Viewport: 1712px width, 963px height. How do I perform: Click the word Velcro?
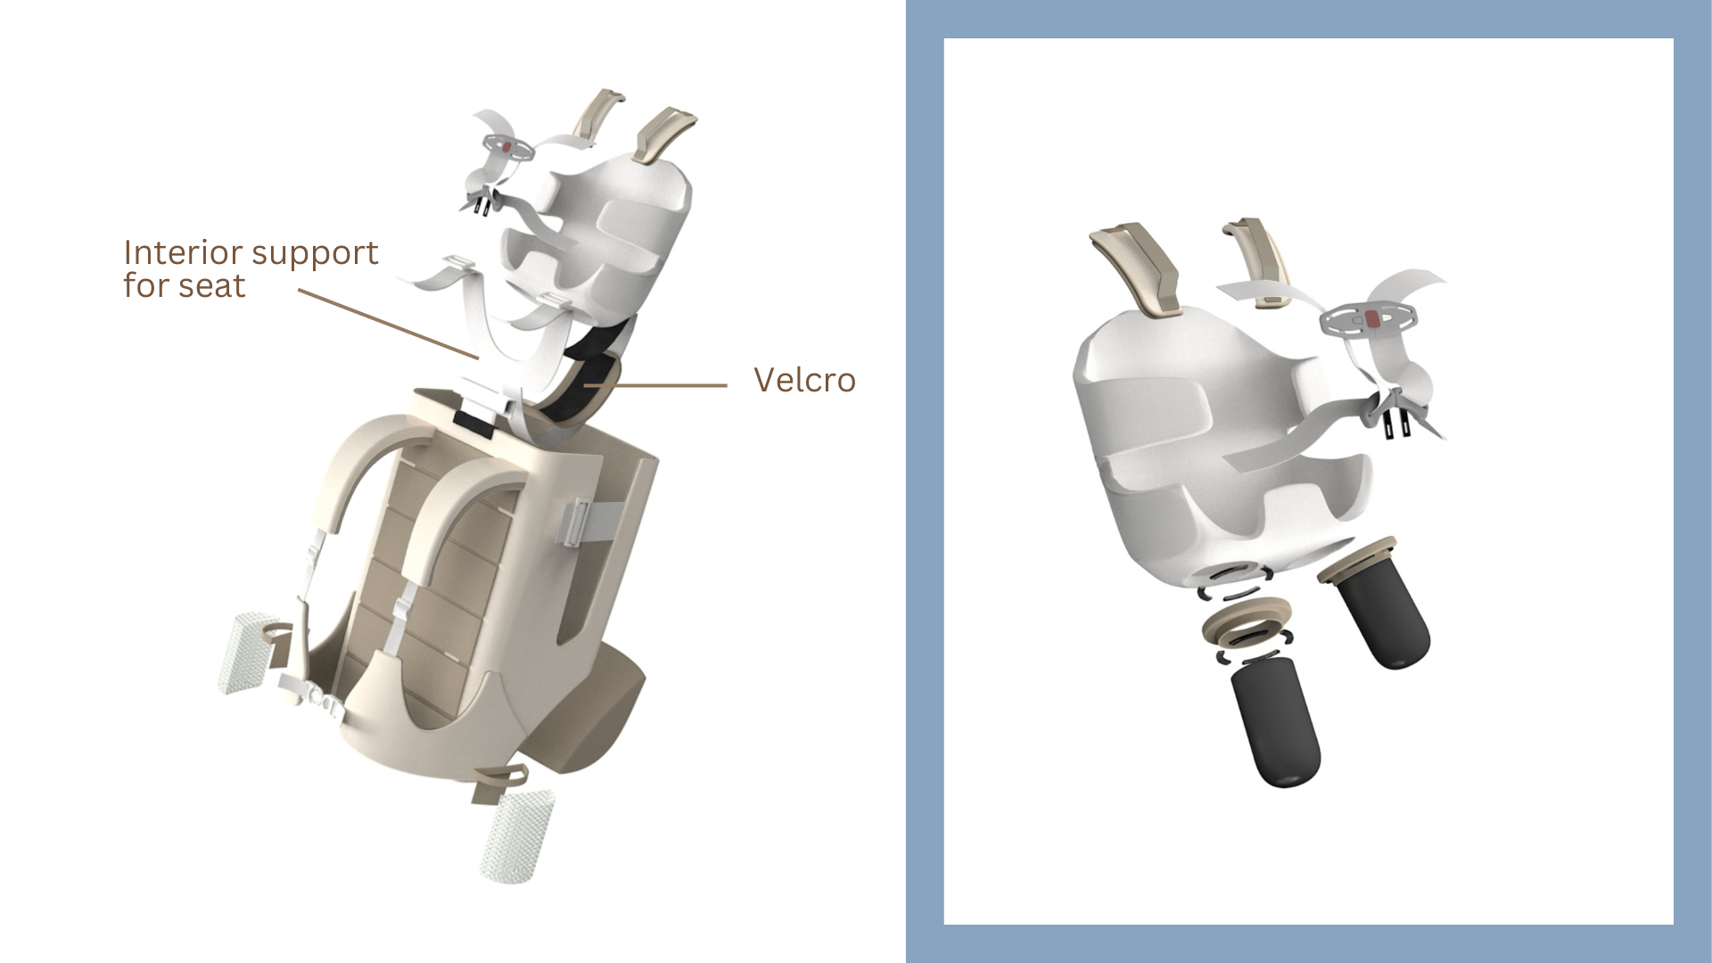[804, 380]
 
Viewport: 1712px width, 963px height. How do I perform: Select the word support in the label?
[315, 255]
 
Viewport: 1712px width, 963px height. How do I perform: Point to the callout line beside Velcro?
[655, 386]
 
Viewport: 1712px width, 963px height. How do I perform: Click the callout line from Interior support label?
[388, 324]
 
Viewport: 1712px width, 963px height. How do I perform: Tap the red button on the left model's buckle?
[505, 146]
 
